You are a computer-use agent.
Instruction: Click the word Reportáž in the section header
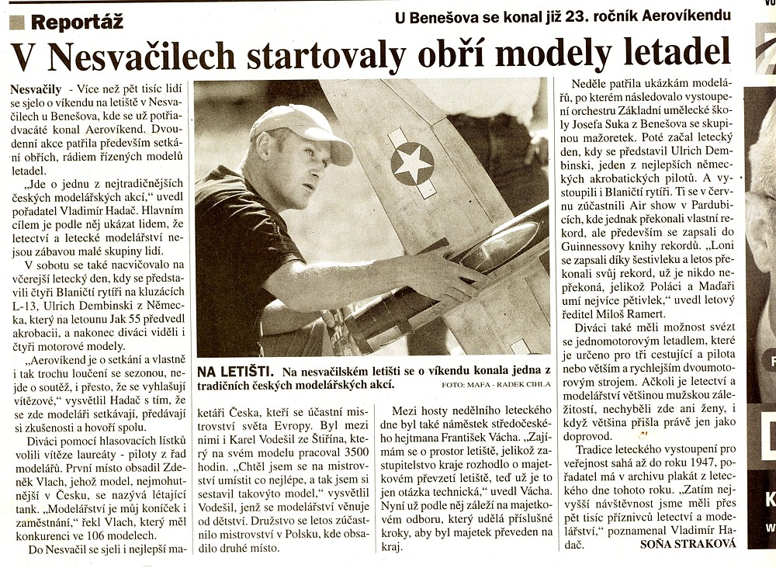(77, 22)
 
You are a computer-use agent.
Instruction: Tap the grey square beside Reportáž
(17, 23)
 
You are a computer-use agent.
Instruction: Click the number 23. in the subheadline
(598, 16)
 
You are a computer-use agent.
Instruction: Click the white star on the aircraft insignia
(412, 164)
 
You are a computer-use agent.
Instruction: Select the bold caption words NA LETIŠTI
(232, 372)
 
